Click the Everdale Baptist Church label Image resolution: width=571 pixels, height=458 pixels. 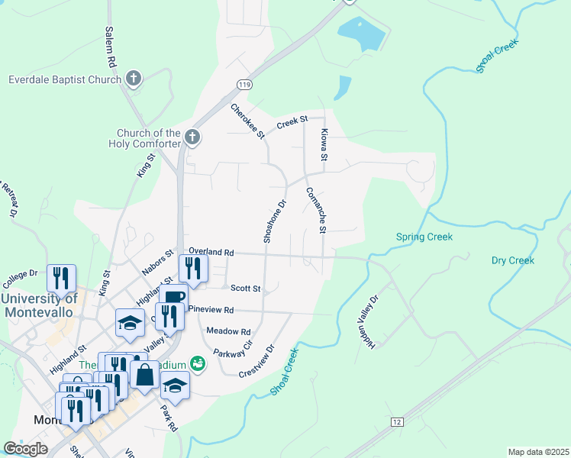point(65,79)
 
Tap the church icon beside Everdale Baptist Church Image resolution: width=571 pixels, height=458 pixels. point(134,78)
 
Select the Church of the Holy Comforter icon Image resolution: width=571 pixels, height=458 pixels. point(192,138)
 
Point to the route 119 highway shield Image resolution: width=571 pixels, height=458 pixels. point(244,84)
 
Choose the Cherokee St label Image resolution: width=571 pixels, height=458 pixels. point(247,121)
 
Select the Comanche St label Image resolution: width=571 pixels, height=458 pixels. point(316,210)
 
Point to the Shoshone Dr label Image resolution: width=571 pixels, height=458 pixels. point(274,221)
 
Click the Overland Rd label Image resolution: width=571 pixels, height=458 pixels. point(211,252)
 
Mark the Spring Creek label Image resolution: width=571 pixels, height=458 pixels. point(424,237)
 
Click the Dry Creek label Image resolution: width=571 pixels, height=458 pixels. point(512,260)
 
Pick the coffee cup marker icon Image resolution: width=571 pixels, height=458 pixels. point(175,295)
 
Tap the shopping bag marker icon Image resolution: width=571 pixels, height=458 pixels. point(144,375)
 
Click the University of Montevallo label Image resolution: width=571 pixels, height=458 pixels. point(39,305)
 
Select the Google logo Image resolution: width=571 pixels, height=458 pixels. point(25,449)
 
